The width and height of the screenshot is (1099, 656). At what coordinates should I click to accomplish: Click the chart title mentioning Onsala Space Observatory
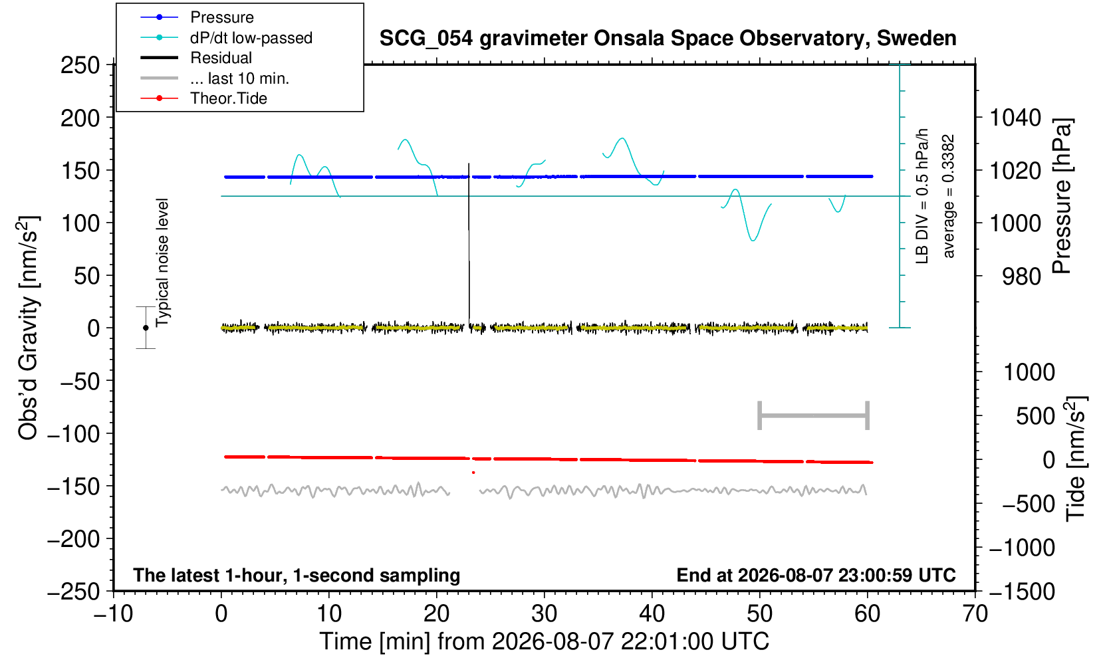click(668, 39)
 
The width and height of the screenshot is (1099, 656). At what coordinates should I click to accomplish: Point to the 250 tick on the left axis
click(80, 64)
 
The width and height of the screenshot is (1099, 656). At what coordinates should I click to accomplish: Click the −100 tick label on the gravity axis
click(74, 434)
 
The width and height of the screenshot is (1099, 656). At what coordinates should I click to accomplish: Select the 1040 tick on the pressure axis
click(1015, 118)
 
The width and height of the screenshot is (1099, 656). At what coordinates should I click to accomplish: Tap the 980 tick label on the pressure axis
click(1021, 276)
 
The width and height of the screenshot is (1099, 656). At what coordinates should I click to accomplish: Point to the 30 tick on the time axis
click(544, 613)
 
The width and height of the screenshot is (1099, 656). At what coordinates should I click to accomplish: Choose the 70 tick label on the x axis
click(975, 613)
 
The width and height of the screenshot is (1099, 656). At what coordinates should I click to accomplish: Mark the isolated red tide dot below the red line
click(473, 473)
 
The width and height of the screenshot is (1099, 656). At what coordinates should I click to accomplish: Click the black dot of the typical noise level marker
click(146, 328)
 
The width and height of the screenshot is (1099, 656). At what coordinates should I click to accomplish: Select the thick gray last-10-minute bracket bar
click(814, 415)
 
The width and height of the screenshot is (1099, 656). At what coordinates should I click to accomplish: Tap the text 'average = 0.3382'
click(948, 196)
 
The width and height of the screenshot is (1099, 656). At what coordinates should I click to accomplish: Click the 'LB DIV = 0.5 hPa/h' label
click(922, 196)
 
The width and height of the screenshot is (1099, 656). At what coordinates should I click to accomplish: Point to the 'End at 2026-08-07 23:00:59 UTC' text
click(816, 575)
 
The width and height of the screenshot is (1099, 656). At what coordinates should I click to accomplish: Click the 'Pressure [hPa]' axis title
click(1062, 196)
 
